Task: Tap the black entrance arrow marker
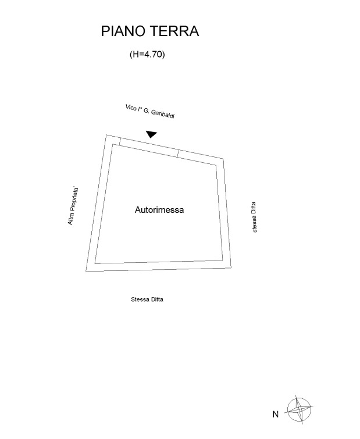pyautogui.click(x=151, y=134)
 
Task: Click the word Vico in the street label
pyautogui.click(x=131, y=107)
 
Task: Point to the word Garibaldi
pyautogui.click(x=163, y=114)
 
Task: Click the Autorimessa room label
pyautogui.click(x=159, y=210)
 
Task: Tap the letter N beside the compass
pyautogui.click(x=276, y=415)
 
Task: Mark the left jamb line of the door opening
pyautogui.click(x=120, y=141)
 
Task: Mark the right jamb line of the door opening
pyautogui.click(x=178, y=154)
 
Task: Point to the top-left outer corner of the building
pyautogui.click(x=105, y=135)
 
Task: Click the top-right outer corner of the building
pyautogui.click(x=223, y=159)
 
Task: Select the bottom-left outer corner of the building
pyautogui.click(x=86, y=272)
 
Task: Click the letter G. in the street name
pyautogui.click(x=145, y=110)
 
